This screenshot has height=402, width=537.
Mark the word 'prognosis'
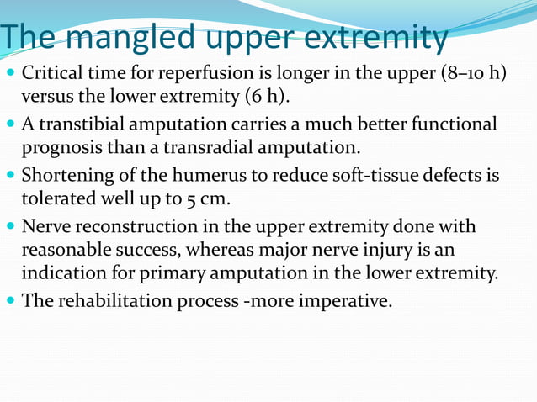point(56,149)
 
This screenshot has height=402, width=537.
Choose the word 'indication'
point(61,272)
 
